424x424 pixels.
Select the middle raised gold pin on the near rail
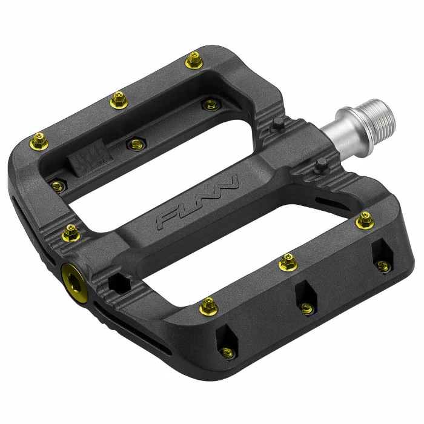coord(286,262)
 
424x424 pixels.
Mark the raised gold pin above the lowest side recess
coord(208,305)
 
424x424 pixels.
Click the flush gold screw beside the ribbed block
coord(133,144)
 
